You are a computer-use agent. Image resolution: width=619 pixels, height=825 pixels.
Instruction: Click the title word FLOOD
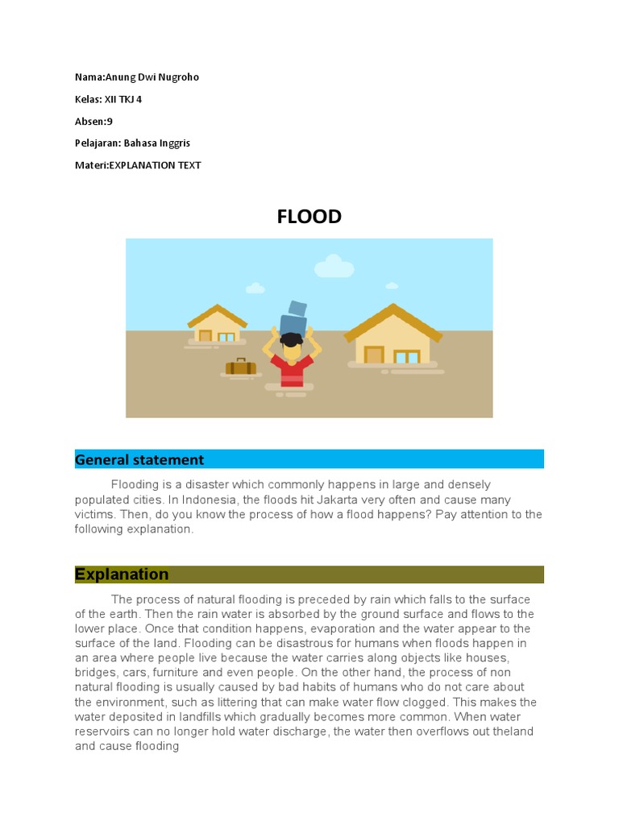pos(309,217)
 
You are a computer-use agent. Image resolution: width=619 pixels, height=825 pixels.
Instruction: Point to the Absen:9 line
pos(93,121)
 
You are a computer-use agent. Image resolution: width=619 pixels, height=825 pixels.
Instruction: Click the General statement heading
pos(139,460)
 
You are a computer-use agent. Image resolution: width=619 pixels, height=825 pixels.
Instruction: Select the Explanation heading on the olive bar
pos(122,574)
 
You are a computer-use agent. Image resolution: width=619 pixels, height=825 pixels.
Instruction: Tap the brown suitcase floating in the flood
pos(240,367)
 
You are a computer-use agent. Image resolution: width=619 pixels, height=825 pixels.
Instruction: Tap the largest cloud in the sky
pos(334,266)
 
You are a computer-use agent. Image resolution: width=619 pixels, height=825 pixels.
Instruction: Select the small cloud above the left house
pos(255,288)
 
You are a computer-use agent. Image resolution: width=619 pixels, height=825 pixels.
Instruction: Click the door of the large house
pos(373,354)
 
